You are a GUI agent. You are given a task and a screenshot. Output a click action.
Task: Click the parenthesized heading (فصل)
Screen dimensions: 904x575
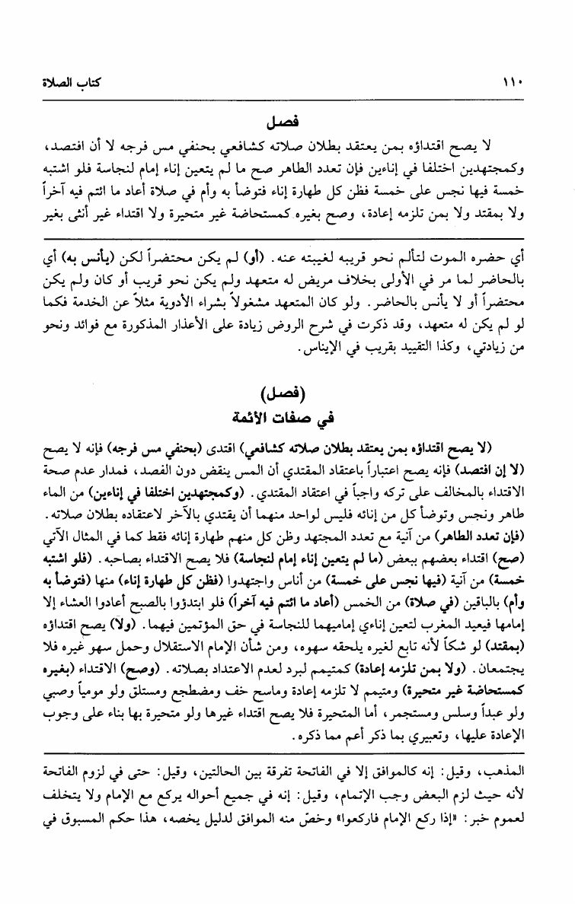pyautogui.click(x=287, y=395)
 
